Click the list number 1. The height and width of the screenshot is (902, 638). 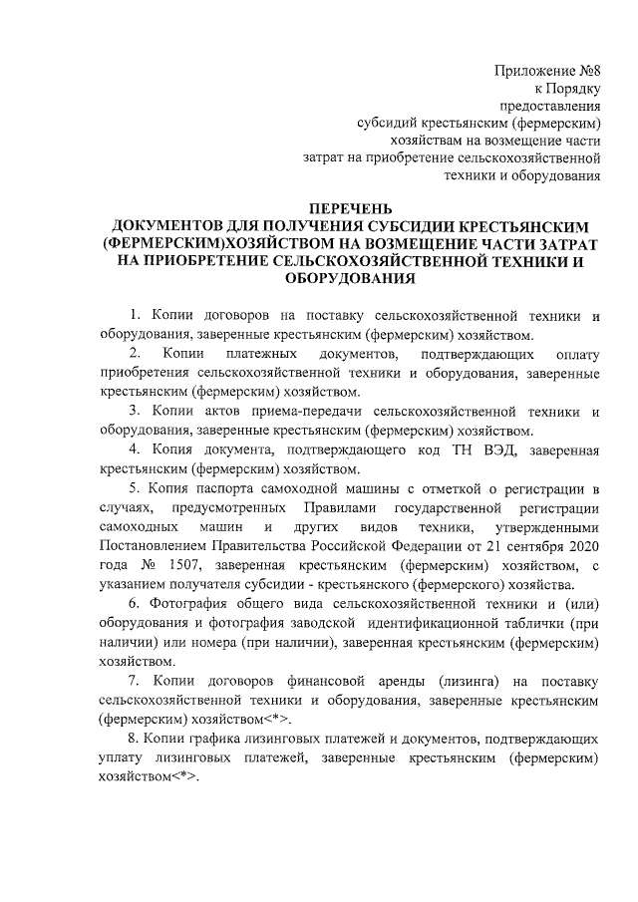tap(136, 316)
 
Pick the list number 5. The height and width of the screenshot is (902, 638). tap(136, 487)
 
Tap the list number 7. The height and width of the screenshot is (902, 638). tap(136, 680)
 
